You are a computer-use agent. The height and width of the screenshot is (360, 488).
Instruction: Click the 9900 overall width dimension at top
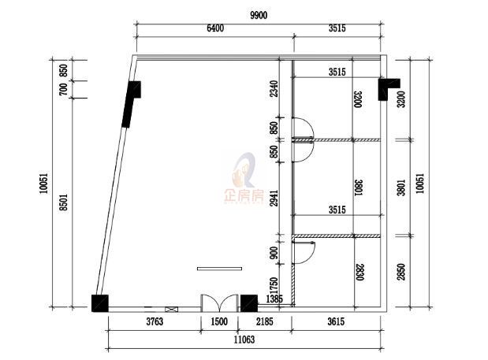259,15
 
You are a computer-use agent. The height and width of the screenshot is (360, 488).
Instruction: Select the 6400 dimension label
215,28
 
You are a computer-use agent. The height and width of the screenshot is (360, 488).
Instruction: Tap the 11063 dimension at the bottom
244,340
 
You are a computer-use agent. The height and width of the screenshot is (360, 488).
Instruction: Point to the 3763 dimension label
155,321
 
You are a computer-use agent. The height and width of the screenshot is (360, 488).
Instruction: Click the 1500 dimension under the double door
219,321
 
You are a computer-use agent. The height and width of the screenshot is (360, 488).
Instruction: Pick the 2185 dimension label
265,321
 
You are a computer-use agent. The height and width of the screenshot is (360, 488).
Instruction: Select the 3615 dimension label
336,321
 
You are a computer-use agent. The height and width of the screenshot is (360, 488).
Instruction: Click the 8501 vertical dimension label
64,202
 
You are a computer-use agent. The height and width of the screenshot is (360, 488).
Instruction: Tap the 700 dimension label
63,90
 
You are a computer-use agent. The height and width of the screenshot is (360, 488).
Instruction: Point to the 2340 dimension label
274,89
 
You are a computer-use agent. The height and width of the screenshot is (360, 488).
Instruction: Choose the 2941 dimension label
274,198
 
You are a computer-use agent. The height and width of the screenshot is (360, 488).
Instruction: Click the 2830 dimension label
359,273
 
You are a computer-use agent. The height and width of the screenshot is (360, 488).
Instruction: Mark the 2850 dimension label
401,272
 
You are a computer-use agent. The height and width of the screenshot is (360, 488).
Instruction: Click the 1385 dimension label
274,299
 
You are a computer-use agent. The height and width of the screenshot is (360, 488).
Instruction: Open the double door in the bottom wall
219,303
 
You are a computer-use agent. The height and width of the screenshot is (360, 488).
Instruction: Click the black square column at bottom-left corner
100,303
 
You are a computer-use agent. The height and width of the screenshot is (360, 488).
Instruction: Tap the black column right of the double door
249,303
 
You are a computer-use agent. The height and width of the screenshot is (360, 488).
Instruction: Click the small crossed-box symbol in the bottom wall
172,310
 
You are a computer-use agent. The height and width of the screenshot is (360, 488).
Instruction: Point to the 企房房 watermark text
244,196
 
